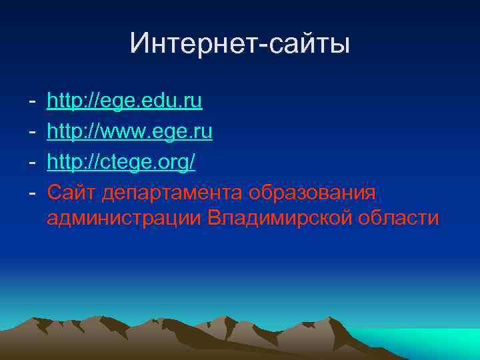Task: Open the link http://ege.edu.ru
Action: coord(125,102)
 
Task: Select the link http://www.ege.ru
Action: coord(130,132)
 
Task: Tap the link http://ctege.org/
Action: coord(121,163)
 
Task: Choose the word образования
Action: coord(313,193)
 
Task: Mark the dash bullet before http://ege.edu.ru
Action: coord(32,102)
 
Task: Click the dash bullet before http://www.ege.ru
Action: coord(32,132)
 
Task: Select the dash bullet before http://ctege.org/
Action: coord(32,163)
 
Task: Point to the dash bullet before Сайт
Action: coord(32,193)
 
